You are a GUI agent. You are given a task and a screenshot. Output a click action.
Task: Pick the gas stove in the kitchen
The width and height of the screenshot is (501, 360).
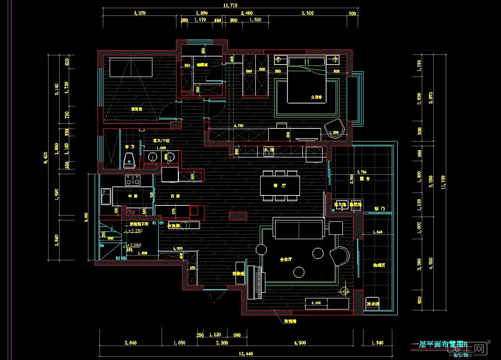tap(132, 180)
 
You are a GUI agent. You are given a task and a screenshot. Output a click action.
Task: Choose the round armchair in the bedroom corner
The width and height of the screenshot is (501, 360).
tap(335, 129)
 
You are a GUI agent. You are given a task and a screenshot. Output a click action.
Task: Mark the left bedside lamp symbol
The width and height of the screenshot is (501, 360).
tap(278, 60)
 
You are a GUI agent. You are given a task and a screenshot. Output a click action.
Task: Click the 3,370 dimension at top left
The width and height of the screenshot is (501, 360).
tap(138, 13)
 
